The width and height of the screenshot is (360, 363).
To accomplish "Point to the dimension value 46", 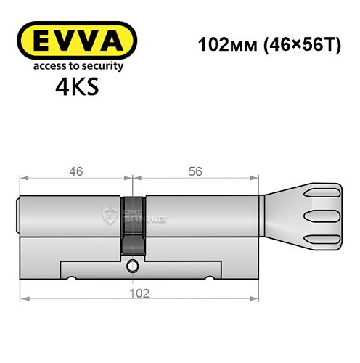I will coord(76,171).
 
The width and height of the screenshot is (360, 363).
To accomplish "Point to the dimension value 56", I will coord(194,171).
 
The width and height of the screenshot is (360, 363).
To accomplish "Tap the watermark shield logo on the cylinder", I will coord(111,215).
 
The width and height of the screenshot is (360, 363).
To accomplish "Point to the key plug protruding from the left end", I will coord(18,216).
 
